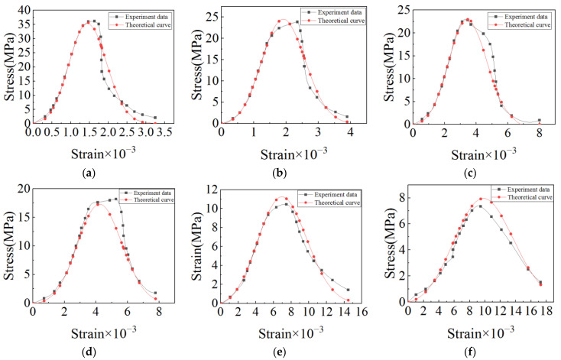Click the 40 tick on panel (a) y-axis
[x=23, y=10]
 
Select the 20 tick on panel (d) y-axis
[x=23, y=189]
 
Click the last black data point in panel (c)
[x=539, y=120]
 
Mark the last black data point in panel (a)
[x=155, y=118]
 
